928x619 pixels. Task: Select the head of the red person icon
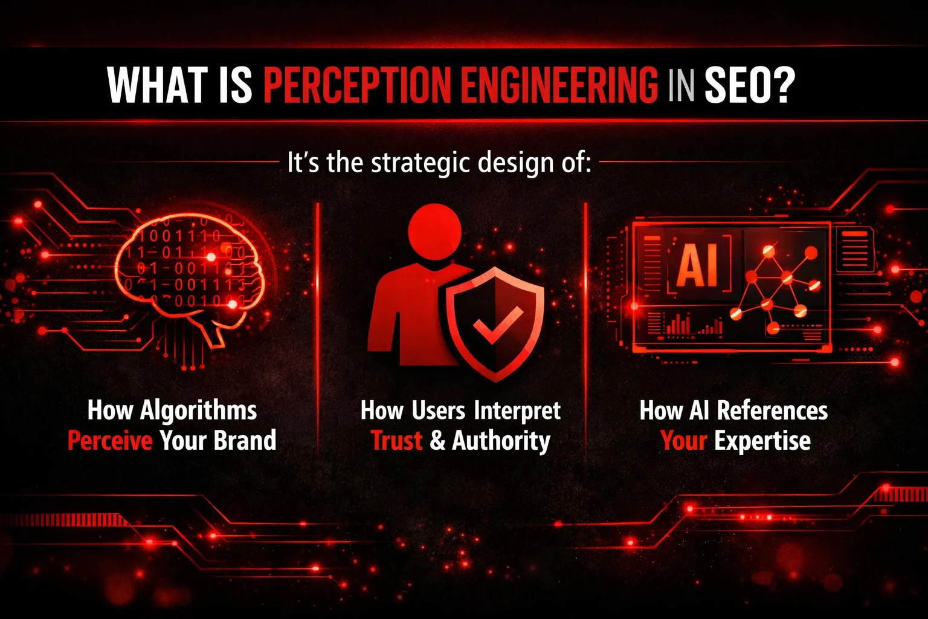click(x=434, y=232)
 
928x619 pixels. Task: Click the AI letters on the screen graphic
click(x=699, y=265)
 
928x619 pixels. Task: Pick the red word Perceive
click(x=110, y=440)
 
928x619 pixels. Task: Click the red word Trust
click(x=396, y=440)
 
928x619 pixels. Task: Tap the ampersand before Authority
click(x=437, y=440)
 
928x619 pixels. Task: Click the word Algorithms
click(x=198, y=411)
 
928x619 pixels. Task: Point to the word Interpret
click(x=517, y=411)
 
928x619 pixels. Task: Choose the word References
click(x=772, y=410)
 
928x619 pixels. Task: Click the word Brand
click(x=245, y=440)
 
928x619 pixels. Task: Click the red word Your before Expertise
click(x=683, y=440)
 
